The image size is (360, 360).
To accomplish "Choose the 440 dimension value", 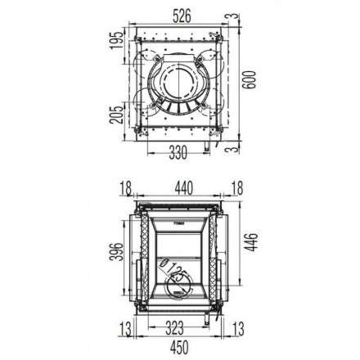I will point(180,190).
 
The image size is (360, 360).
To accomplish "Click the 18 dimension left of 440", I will point(124,190).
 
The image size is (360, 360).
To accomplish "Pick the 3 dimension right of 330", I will point(234,150).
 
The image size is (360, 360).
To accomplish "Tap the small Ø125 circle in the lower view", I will point(177,282).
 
